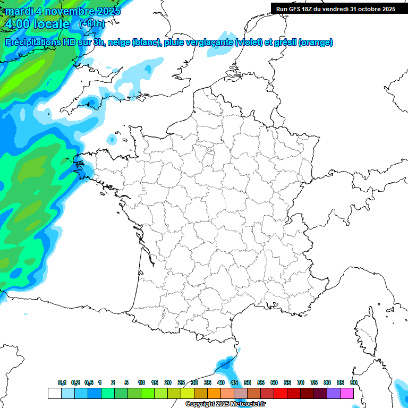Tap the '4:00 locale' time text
point(37,24)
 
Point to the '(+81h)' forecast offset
point(92,24)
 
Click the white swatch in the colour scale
point(54,393)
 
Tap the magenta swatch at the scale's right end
point(347,393)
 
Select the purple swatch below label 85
point(334,393)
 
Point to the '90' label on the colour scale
point(353,382)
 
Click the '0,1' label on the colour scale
point(62,382)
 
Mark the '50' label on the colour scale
point(248,382)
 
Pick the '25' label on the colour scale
point(181,382)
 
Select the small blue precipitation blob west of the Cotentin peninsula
point(112,140)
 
